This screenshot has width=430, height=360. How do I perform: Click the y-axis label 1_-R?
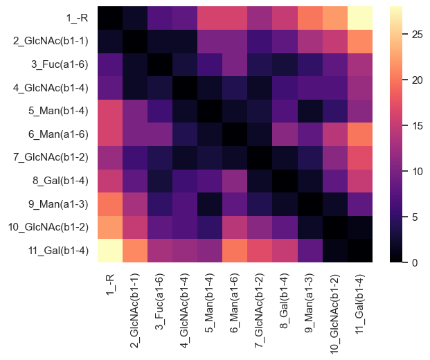pyautogui.click(x=78, y=17)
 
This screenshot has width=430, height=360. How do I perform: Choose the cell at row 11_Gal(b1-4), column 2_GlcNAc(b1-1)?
pyautogui.click(x=135, y=251)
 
